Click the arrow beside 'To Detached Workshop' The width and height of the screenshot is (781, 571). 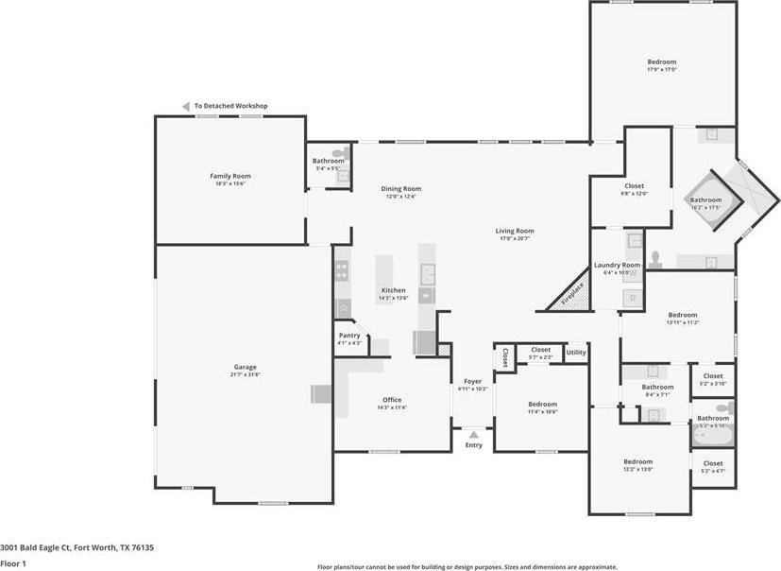pyautogui.click(x=187, y=106)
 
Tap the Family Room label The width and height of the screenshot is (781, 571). pyautogui.click(x=229, y=176)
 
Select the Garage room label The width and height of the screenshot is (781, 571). pyautogui.click(x=246, y=367)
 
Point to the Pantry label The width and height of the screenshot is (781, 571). pyautogui.click(x=349, y=335)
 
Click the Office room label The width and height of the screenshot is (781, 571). pyautogui.click(x=392, y=400)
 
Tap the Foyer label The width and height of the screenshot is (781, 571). pyautogui.click(x=472, y=381)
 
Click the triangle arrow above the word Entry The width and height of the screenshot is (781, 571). pyautogui.click(x=473, y=435)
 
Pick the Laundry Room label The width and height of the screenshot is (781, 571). pyautogui.click(x=617, y=266)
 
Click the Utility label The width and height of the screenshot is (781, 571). pyautogui.click(x=576, y=353)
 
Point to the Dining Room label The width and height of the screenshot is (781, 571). pyautogui.click(x=401, y=188)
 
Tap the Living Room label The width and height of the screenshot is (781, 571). pyautogui.click(x=516, y=231)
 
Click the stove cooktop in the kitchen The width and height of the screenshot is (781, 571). pyautogui.click(x=342, y=271)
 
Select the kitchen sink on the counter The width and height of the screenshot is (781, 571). pyautogui.click(x=427, y=275)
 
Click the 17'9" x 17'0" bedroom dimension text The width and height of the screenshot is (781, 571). pyautogui.click(x=662, y=69)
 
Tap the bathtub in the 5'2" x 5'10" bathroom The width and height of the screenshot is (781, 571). pyautogui.click(x=712, y=438)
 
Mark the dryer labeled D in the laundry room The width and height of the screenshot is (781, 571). pyautogui.click(x=632, y=298)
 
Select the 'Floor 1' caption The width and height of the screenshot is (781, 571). pyautogui.click(x=13, y=563)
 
